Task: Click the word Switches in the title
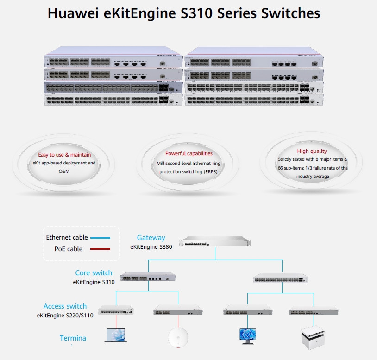(x=290, y=13)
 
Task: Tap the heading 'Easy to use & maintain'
(x=64, y=155)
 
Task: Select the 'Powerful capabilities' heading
(x=189, y=153)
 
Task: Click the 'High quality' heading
(x=312, y=151)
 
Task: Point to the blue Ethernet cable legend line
(x=100, y=238)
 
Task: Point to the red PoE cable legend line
(x=100, y=249)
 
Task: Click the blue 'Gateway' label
(x=151, y=238)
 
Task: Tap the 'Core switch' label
(x=94, y=273)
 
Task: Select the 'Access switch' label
(x=65, y=306)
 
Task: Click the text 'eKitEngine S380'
(x=151, y=247)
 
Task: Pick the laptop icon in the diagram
(x=115, y=335)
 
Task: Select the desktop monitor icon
(x=246, y=335)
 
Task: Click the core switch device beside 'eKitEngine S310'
(x=148, y=277)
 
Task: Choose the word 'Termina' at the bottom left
(x=73, y=338)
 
